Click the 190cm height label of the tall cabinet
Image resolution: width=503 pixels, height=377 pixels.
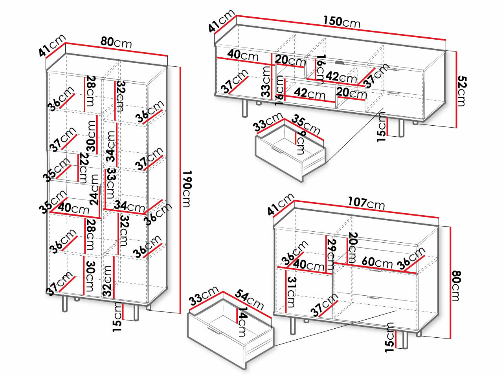(186, 189)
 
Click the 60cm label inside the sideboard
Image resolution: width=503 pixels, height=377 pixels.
(377, 262)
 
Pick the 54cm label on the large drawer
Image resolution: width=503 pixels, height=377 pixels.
(250, 299)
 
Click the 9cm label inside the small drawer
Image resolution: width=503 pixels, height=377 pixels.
(301, 143)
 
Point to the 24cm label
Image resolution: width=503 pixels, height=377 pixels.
(95, 189)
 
